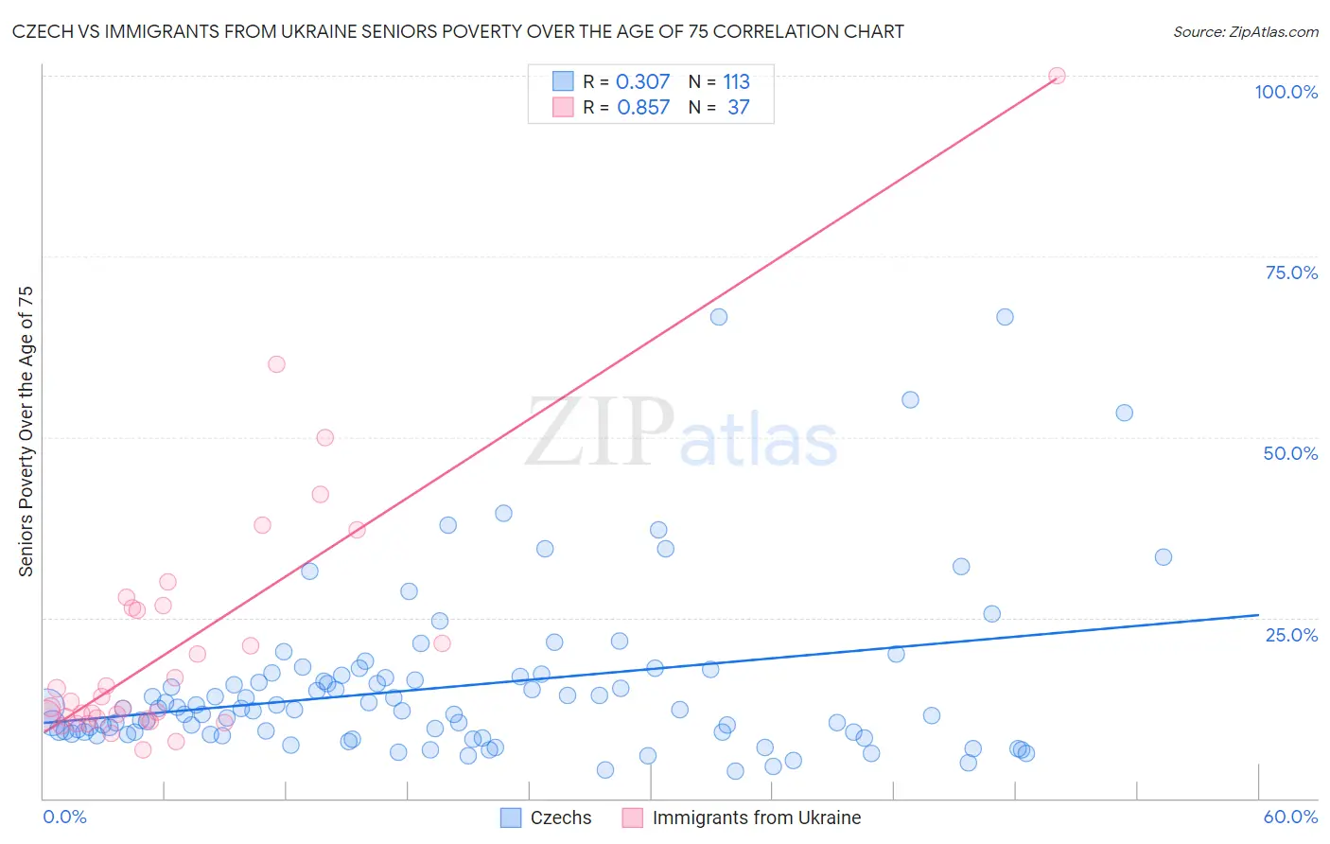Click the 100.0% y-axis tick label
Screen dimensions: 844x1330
pyautogui.click(x=1286, y=92)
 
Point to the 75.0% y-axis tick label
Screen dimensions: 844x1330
pyautogui.click(x=1291, y=273)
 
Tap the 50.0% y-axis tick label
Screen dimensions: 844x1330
pyautogui.click(x=1290, y=453)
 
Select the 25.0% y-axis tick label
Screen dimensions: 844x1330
pyautogui.click(x=1291, y=634)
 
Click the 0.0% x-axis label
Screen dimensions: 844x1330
pyautogui.click(x=64, y=817)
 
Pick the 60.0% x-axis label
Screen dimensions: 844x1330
pyautogui.click(x=1290, y=817)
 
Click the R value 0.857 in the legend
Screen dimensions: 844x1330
pyautogui.click(x=643, y=107)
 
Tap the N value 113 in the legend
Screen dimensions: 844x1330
pyautogui.click(x=736, y=81)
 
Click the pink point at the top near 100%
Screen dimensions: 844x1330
pyautogui.click(x=1057, y=76)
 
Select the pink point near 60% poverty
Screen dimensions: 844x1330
pyautogui.click(x=276, y=364)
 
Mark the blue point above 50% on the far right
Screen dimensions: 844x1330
pyautogui.click(x=1124, y=413)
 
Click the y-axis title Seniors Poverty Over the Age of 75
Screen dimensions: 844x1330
pyautogui.click(x=26, y=431)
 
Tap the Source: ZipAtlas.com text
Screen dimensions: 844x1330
pyautogui.click(x=1245, y=31)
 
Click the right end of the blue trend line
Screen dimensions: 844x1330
pyautogui.click(x=1258, y=615)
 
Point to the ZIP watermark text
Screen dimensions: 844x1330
pyautogui.click(x=600, y=432)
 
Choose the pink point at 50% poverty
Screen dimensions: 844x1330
pyautogui.click(x=324, y=437)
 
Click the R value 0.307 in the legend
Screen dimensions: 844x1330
pyautogui.click(x=642, y=81)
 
